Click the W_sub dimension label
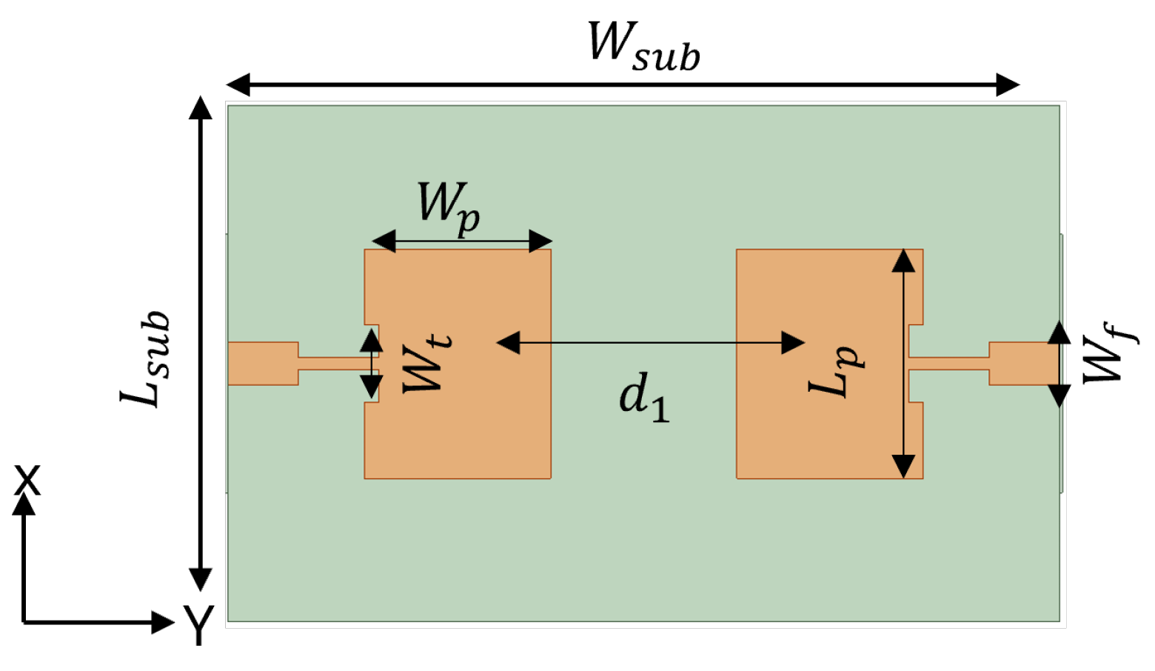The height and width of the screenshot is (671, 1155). [x=643, y=47]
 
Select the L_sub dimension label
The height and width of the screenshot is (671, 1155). [x=146, y=358]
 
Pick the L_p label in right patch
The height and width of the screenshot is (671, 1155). [x=836, y=370]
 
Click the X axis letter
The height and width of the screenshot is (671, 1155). [x=27, y=481]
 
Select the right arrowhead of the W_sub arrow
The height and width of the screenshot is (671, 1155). [x=1008, y=85]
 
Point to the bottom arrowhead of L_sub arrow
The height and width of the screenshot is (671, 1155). [x=200, y=578]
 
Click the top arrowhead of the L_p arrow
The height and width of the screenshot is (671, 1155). [x=903, y=261]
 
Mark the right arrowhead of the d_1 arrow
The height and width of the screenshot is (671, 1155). [x=793, y=342]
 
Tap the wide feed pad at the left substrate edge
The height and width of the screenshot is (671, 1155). [x=263, y=363]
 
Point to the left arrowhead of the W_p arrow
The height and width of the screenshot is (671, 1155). [x=384, y=241]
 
